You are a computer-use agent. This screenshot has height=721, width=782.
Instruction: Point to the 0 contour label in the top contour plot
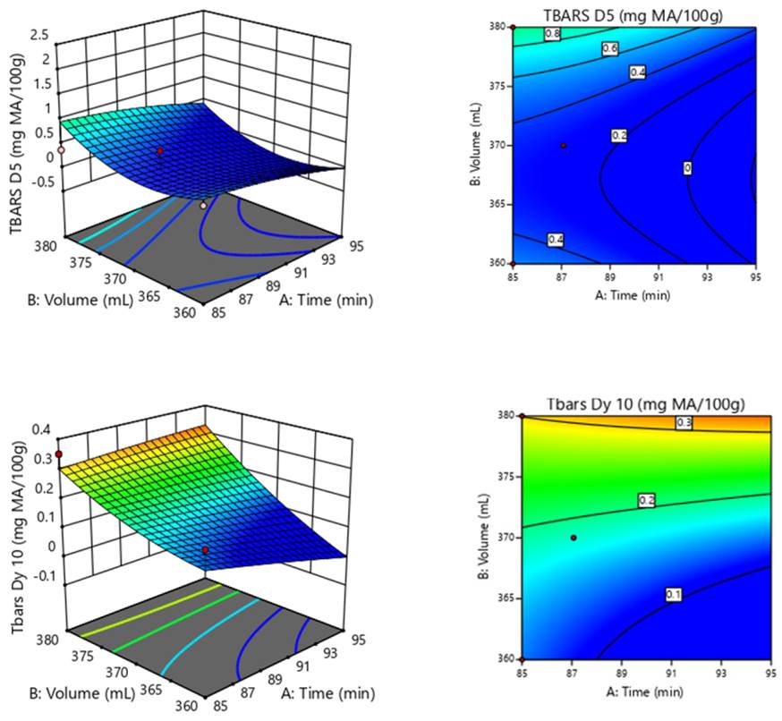click(688, 167)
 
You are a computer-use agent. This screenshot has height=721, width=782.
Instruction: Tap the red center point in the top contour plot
click(563, 145)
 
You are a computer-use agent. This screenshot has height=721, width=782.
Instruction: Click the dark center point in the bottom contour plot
click(574, 538)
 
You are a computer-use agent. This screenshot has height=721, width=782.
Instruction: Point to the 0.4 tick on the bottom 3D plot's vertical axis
click(41, 430)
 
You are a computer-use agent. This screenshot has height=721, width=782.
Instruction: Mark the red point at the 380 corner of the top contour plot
click(514, 28)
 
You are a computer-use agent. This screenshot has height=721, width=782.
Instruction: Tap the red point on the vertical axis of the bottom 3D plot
click(59, 454)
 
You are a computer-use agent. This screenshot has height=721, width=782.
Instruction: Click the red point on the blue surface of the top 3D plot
click(160, 152)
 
